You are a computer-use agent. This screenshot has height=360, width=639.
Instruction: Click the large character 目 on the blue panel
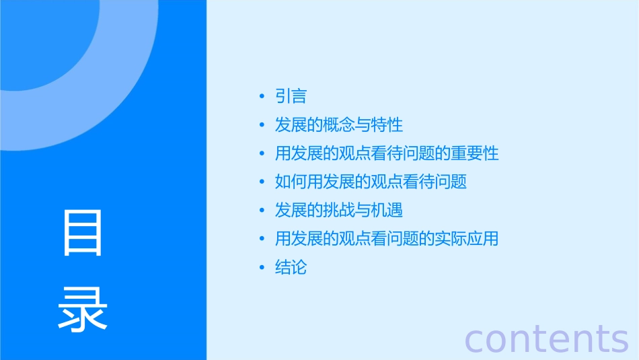pyautogui.click(x=82, y=233)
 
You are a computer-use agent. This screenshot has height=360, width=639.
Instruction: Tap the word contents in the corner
pyautogui.click(x=546, y=338)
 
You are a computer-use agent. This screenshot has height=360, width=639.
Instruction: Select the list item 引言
pyautogui.click(x=291, y=96)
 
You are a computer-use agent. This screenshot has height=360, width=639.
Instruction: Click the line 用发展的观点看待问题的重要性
pyautogui.click(x=387, y=153)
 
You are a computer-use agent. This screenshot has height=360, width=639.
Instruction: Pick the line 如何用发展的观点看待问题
pyautogui.click(x=371, y=182)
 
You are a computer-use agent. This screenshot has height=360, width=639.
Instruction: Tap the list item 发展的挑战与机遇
pyautogui.click(x=338, y=210)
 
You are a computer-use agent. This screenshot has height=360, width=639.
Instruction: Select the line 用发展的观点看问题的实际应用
pyautogui.click(x=387, y=239)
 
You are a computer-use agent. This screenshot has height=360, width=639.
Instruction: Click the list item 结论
pyautogui.click(x=291, y=267)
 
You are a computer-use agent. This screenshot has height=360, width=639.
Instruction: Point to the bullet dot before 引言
pyautogui.click(x=262, y=97)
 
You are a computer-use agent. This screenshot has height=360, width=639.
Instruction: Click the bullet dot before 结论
pyautogui.click(x=262, y=268)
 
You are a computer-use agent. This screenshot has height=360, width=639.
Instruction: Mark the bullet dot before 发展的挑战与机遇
pyautogui.click(x=262, y=211)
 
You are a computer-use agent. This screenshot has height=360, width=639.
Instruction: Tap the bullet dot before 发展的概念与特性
pyautogui.click(x=262, y=126)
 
